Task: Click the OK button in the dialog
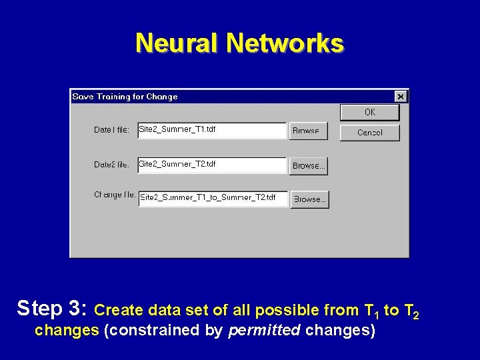pyautogui.click(x=369, y=113)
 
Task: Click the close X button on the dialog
pyautogui.click(x=400, y=97)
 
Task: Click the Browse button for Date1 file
pyautogui.click(x=307, y=131)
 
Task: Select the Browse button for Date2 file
pyautogui.click(x=308, y=165)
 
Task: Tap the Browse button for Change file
pyautogui.click(x=309, y=199)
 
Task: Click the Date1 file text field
pyautogui.click(x=212, y=130)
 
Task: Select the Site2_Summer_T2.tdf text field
pyautogui.click(x=212, y=165)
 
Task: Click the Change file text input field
pyautogui.click(x=213, y=199)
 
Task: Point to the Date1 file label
pyautogui.click(x=111, y=130)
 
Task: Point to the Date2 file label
pyautogui.click(x=111, y=165)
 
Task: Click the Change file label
pyautogui.click(x=114, y=195)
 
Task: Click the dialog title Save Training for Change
pyautogui.click(x=125, y=97)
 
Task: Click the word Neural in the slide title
pyautogui.click(x=177, y=43)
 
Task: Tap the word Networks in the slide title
pyautogui.click(x=285, y=43)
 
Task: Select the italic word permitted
pyautogui.click(x=264, y=330)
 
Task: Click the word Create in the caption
pyautogui.click(x=119, y=310)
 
